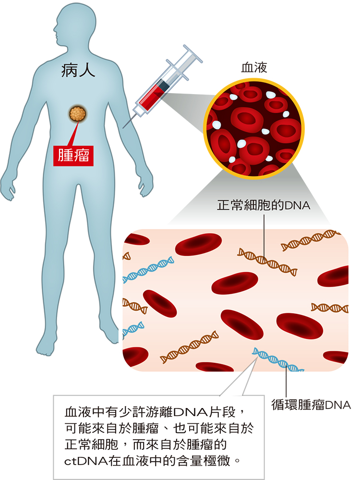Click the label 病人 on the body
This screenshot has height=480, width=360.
coord(78,70)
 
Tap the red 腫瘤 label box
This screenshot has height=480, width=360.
coord(73,155)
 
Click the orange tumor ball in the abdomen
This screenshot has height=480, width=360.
coord(77,114)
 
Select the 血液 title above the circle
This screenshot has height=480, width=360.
coord(254,67)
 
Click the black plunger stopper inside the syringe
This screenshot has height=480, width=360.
coord(164,85)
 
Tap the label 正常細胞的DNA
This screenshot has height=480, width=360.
coord(264,205)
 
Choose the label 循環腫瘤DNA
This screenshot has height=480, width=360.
coord(311,405)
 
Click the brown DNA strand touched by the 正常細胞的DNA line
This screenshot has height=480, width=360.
coord(267,262)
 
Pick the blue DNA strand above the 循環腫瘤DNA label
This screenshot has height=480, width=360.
coord(277,360)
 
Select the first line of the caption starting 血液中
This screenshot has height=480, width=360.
coord(155,412)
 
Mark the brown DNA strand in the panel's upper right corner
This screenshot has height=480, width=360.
coord(311,240)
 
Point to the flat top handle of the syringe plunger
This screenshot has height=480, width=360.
coord(193,54)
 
